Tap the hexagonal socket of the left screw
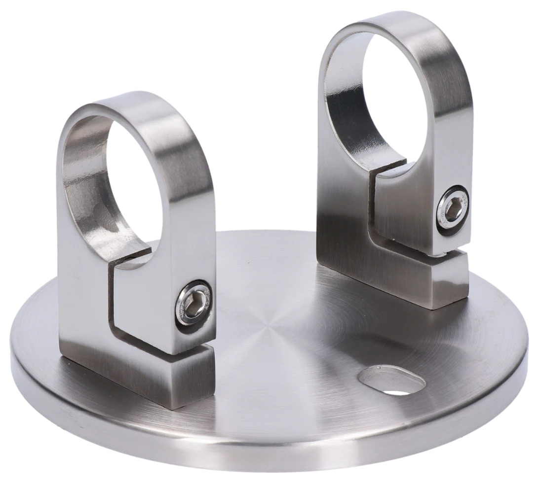pos(194,306)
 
